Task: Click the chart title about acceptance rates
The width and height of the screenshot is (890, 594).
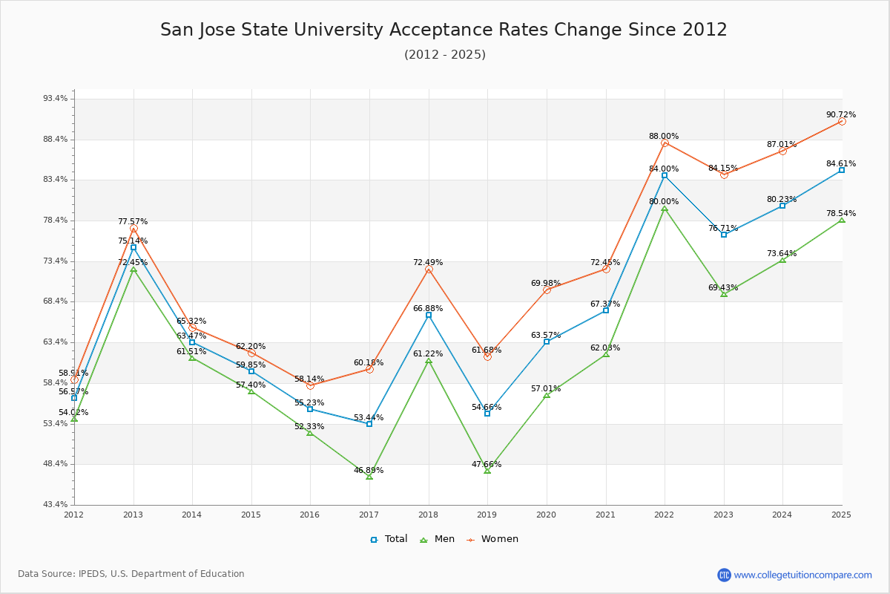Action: pyautogui.click(x=444, y=30)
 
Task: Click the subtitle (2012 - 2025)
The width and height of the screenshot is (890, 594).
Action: pyautogui.click(x=445, y=55)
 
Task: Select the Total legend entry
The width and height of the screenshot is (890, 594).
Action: pyautogui.click(x=389, y=539)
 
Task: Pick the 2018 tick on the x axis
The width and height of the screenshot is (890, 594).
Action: pyautogui.click(x=428, y=515)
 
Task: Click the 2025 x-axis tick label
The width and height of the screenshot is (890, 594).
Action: pyautogui.click(x=841, y=515)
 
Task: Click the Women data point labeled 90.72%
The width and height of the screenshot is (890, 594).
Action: pyautogui.click(x=842, y=121)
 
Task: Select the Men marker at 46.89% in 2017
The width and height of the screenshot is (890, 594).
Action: pyautogui.click(x=369, y=477)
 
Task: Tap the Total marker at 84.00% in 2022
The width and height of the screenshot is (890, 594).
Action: pyautogui.click(x=665, y=175)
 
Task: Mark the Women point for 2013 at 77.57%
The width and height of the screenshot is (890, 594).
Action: pyautogui.click(x=133, y=229)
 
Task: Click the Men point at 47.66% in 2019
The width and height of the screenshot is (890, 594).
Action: pyautogui.click(x=487, y=471)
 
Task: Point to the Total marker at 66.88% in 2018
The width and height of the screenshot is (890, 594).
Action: pyautogui.click(x=429, y=315)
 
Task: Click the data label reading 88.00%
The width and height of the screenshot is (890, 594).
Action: pyautogui.click(x=664, y=137)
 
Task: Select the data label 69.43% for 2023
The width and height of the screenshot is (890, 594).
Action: pyautogui.click(x=723, y=288)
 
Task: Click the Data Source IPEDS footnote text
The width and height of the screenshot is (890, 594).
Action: pyautogui.click(x=131, y=574)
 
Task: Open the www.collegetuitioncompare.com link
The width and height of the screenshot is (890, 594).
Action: pyautogui.click(x=802, y=575)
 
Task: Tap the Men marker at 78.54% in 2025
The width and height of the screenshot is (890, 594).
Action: pyautogui.click(x=842, y=221)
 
